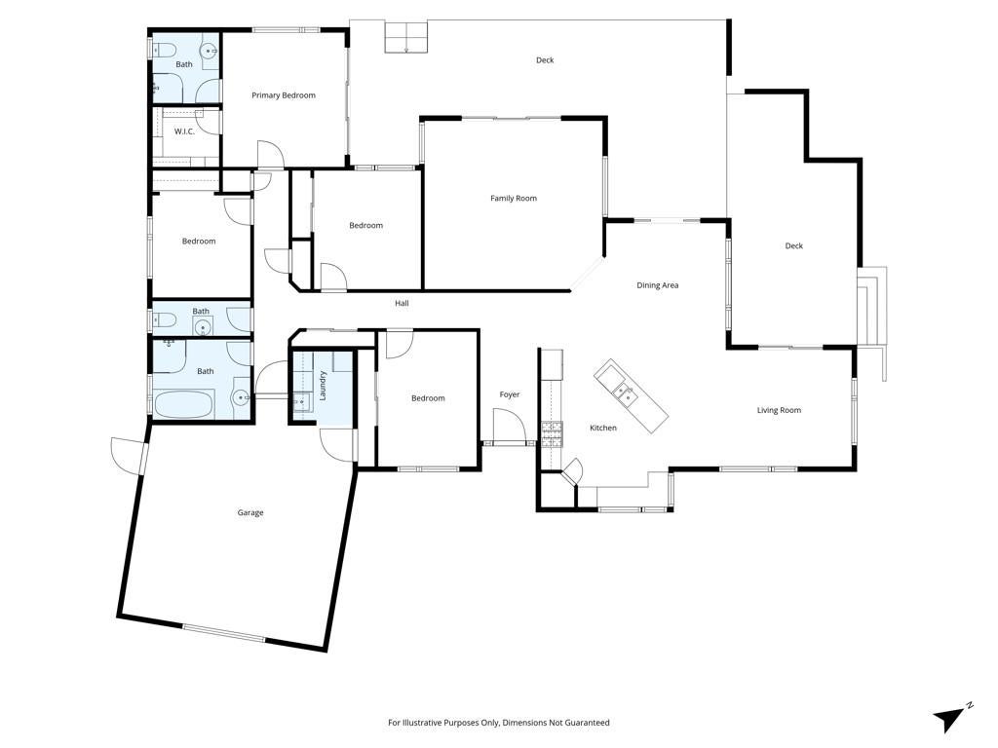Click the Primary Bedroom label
284,95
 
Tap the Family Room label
513,199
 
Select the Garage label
250,512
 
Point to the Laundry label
323,386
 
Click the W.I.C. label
184,131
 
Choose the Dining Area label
658,285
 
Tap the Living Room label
779,410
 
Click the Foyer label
509,395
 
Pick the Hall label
402,304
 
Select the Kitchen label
602,429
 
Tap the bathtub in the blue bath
183,404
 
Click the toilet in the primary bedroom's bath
163,50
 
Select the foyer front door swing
509,426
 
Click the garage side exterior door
129,455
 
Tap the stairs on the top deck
406,37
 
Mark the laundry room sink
302,402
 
